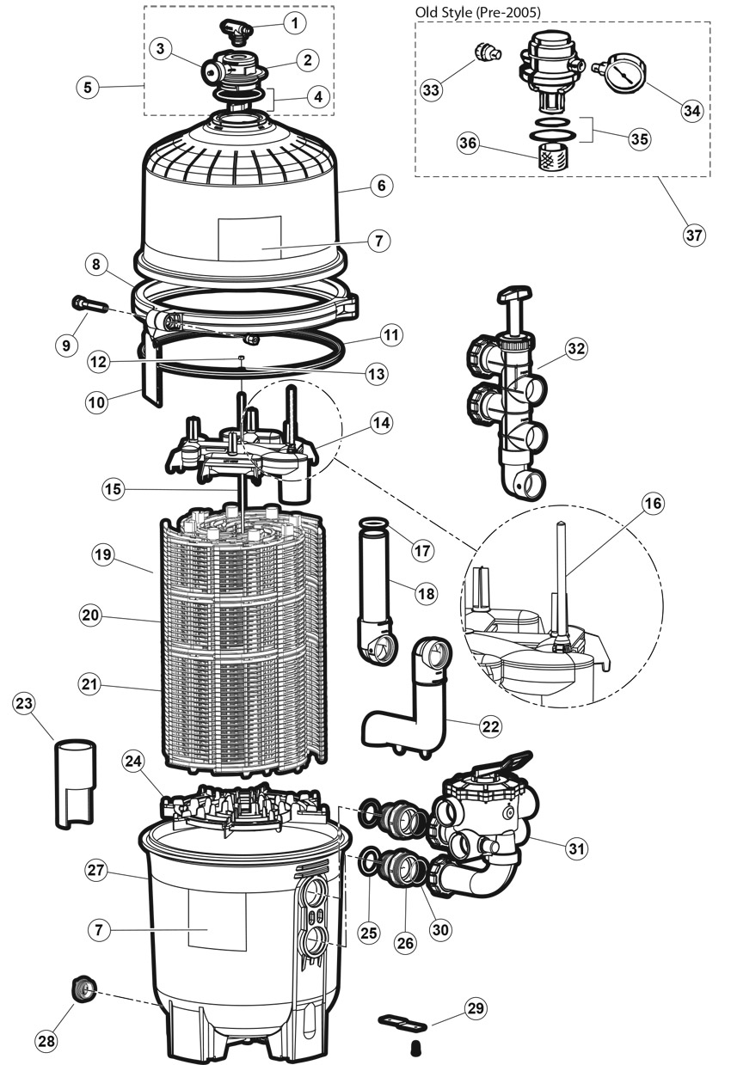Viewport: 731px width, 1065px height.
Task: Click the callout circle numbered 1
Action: point(295,23)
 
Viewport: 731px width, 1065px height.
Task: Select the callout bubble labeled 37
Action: point(694,235)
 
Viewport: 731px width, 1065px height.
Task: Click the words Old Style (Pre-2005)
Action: point(478,12)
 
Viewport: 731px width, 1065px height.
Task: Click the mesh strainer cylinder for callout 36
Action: point(550,157)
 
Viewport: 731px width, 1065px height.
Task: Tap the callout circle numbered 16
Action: point(653,503)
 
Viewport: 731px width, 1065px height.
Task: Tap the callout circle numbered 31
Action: point(576,848)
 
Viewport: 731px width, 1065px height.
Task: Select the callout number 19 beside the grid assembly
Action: point(103,554)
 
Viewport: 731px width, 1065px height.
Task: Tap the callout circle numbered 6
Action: point(382,186)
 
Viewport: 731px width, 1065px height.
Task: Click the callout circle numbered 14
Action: point(382,422)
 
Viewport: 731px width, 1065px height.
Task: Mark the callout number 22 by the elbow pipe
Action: point(490,726)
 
